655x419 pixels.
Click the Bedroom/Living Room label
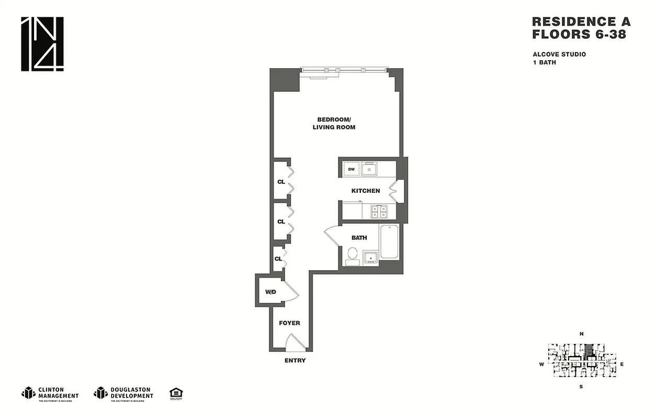point(334,123)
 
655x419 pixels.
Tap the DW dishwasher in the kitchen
point(352,169)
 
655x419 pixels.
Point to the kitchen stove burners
point(379,211)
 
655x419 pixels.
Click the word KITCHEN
point(365,191)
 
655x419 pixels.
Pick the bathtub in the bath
point(389,241)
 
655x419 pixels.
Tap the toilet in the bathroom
point(352,256)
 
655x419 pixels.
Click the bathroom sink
point(370,257)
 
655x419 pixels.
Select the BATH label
point(359,237)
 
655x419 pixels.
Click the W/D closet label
point(270,292)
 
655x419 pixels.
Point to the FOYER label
point(289,323)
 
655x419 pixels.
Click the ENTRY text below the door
point(295,360)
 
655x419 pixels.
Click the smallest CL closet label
point(278,259)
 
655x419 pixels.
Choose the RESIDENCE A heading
point(581,22)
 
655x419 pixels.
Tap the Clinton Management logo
point(50,393)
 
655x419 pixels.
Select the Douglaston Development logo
point(123,393)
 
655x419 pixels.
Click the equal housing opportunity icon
point(175,393)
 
